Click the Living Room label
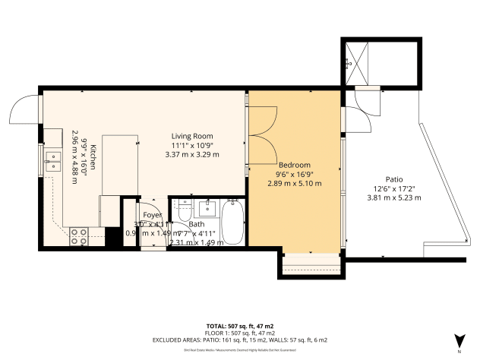coord(191,136)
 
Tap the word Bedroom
coord(294,165)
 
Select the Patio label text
coord(393,179)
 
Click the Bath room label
coord(197,225)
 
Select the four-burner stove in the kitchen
coord(79,236)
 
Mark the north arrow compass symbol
coord(458,343)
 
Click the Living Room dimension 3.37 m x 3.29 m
coord(191,154)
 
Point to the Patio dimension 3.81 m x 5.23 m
coord(393,197)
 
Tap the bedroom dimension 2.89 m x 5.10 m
coord(294,183)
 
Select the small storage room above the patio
coord(379,62)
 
